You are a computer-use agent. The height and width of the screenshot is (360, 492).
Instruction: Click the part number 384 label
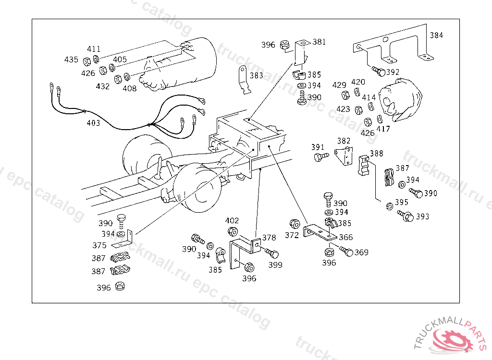[436, 35]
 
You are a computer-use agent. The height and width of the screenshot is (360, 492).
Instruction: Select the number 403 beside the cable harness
[93, 123]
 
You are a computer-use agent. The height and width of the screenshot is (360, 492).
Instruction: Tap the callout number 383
[257, 75]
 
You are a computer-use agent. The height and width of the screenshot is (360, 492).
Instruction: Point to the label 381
[319, 42]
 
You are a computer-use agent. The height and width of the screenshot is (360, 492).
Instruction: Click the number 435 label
[71, 60]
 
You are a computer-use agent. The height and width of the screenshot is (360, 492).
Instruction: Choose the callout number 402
[232, 220]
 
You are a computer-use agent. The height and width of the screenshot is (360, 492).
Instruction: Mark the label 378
[269, 238]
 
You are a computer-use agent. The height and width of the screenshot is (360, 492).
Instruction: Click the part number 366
[346, 238]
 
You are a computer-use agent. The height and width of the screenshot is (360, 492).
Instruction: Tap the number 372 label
[292, 235]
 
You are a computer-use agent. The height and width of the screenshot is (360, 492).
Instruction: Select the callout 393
[422, 216]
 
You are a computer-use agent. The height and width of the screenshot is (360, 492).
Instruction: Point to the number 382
[344, 141]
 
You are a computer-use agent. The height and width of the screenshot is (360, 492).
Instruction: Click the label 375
[99, 245]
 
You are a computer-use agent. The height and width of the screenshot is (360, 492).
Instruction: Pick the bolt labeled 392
[379, 72]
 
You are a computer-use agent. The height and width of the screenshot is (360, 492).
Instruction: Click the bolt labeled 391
[321, 156]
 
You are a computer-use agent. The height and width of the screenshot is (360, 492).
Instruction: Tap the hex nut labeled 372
[295, 224]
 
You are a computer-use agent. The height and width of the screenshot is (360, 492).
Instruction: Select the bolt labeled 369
[346, 251]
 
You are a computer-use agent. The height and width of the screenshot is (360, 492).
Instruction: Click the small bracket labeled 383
[244, 80]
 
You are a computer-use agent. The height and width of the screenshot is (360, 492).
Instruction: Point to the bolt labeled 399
[272, 253]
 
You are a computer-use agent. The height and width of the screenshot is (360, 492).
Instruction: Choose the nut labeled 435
[87, 61]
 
